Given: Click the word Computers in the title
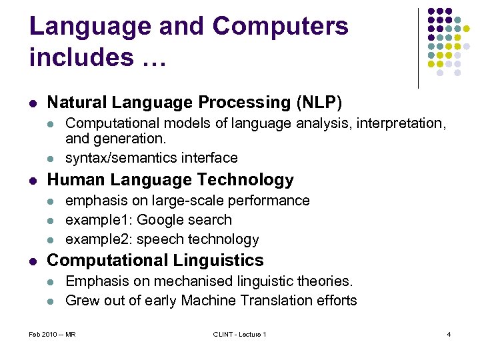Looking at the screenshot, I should tap(280, 27).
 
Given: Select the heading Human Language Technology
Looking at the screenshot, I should tap(170, 180).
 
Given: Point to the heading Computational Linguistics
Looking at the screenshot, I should tap(155, 261).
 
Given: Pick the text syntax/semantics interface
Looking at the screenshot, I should tap(151, 158).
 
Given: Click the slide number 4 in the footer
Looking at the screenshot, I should tap(449, 334).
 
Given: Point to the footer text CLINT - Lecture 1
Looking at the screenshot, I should tap(239, 334).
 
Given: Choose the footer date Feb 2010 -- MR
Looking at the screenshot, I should tap(53, 334).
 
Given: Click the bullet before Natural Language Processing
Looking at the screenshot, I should tap(33, 103).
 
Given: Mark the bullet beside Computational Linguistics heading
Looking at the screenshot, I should tap(33, 261).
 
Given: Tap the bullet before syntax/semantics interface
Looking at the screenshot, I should tap(53, 159).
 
